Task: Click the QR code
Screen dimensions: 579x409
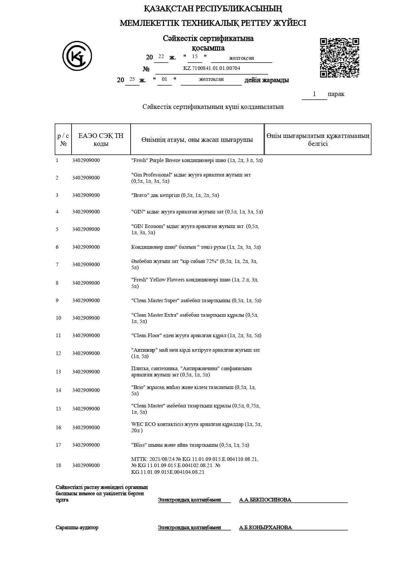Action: pos(339,58)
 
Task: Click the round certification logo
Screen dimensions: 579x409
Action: pos(77,56)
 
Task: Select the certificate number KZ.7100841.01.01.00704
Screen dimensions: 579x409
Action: pos(211,68)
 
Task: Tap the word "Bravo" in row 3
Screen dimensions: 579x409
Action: pos(140,195)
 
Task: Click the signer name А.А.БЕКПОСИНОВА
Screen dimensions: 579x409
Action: pos(265,500)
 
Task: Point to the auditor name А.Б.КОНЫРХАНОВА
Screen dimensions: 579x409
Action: pos(266,528)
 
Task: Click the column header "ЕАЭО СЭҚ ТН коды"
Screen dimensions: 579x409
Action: pos(101,140)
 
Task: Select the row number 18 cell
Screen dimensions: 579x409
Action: pos(58,466)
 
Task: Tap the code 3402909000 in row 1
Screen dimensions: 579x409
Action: pos(86,160)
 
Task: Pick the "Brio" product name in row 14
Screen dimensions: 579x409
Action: pos(138,387)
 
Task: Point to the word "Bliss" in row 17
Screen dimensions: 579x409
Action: pos(139,445)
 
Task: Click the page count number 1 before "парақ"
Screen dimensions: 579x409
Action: pos(314,94)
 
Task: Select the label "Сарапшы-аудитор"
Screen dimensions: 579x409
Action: pos(77,528)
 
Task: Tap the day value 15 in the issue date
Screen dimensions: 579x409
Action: pos(195,56)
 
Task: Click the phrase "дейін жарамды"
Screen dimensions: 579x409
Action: pos(267,80)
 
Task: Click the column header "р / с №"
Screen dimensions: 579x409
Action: pos(63,140)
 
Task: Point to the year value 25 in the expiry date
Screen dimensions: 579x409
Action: pos(132,79)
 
